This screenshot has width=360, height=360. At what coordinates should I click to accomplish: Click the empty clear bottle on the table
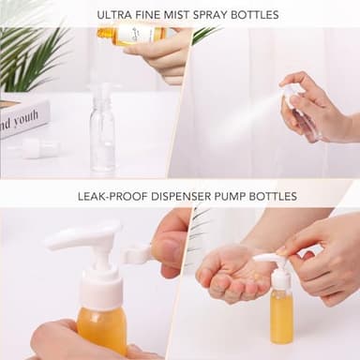102,141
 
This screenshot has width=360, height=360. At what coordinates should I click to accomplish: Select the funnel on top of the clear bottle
102,94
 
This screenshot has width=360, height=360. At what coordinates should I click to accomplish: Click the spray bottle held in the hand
306,117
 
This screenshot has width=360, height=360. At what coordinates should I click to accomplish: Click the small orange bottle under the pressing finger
280,314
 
